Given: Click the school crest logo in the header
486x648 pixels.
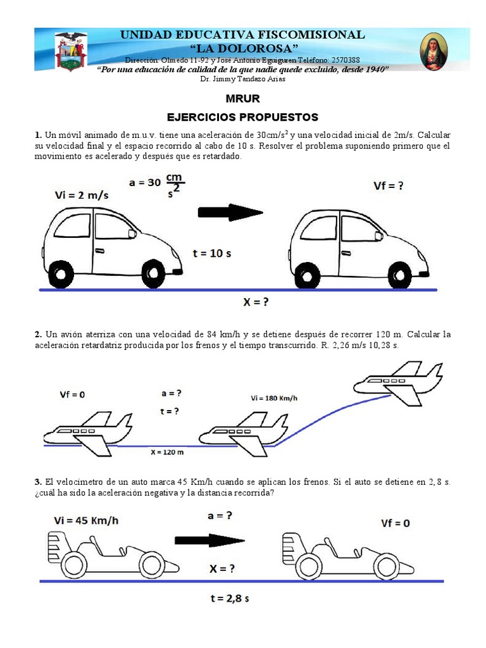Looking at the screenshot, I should click(x=71, y=51).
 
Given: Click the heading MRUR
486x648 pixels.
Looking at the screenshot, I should click(x=242, y=99).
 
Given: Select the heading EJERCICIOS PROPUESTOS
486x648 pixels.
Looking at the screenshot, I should click(x=242, y=117).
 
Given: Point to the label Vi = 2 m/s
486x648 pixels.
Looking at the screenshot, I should click(x=82, y=196).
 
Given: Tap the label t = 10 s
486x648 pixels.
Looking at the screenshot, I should click(x=211, y=253).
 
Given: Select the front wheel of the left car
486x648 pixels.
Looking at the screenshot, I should click(x=153, y=273).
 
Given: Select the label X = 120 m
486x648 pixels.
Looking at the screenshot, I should click(x=168, y=452).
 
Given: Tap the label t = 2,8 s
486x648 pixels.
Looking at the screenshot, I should click(x=229, y=597).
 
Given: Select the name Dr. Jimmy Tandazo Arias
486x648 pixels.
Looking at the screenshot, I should click(x=242, y=79).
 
